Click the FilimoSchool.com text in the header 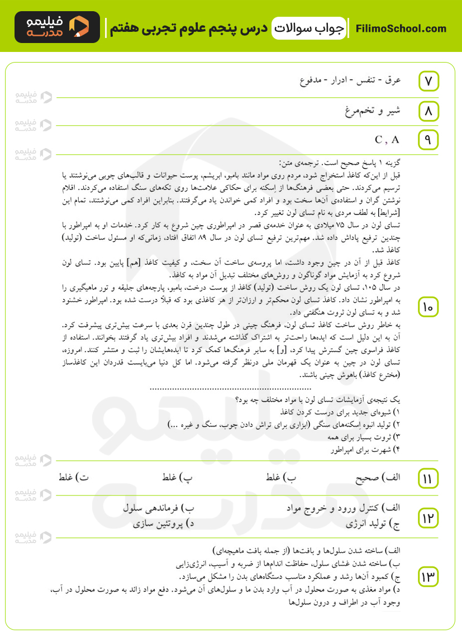[x=401, y=28]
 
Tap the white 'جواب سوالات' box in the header [x=309, y=28]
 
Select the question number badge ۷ [x=428, y=81]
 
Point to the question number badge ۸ [x=428, y=112]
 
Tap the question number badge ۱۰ [x=428, y=307]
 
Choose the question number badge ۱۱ [x=428, y=478]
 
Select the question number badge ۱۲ [x=428, y=517]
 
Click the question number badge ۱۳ [x=428, y=577]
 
